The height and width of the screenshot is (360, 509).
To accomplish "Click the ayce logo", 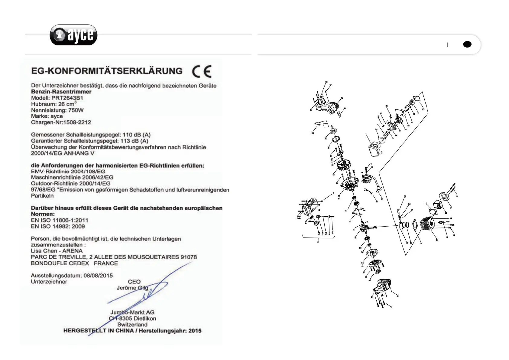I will (73, 35).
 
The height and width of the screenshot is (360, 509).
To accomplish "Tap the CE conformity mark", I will (202, 72).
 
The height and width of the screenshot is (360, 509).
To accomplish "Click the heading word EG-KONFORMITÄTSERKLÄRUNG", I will (107, 71).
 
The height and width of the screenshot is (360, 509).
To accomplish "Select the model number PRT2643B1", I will (67, 98).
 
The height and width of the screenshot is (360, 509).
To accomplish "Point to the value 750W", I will (76, 110).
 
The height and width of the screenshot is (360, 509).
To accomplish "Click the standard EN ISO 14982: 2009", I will (58, 227).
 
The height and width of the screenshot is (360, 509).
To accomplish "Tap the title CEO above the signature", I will (134, 282).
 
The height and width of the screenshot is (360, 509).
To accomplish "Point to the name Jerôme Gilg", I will (132, 288).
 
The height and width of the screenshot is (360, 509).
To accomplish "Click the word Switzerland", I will (132, 325).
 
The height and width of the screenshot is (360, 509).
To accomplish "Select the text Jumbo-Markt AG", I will (132, 313).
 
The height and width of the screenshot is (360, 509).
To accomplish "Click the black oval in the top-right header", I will (467, 44).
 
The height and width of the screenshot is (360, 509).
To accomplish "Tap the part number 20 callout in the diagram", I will (437, 240).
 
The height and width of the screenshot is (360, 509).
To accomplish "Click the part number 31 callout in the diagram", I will (391, 307).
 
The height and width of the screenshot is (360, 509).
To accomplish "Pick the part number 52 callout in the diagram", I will (313, 132).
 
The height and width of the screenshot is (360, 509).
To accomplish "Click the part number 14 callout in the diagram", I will (457, 196).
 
